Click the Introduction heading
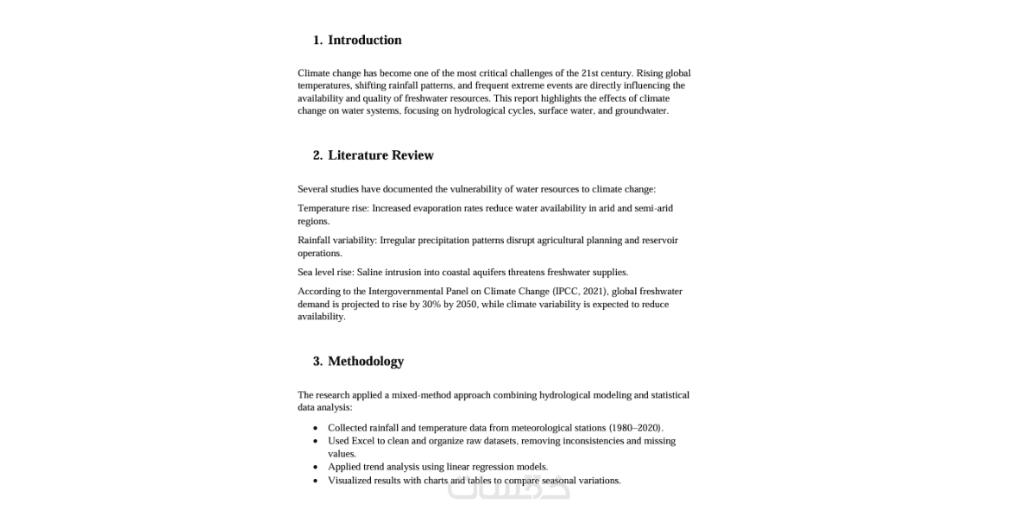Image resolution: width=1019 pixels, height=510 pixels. click(x=364, y=40)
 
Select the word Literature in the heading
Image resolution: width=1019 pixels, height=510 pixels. click(x=358, y=155)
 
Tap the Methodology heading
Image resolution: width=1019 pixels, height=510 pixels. click(x=366, y=361)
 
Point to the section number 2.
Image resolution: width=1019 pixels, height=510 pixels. click(x=318, y=155)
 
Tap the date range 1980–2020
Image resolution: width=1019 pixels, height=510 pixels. click(x=636, y=428)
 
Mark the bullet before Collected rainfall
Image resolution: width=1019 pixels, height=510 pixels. click(x=316, y=428)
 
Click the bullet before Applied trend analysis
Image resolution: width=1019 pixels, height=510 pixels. click(x=316, y=467)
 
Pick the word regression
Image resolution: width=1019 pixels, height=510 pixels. click(x=497, y=467)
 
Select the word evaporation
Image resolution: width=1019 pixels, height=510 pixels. click(x=441, y=208)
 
